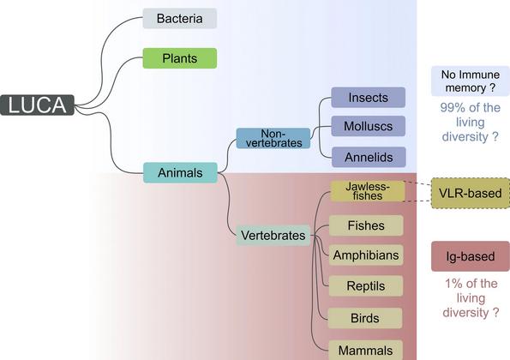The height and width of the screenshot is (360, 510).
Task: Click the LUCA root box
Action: (38, 105)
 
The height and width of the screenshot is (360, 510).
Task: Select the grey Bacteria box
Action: (180, 19)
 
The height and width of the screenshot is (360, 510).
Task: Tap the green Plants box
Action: (180, 58)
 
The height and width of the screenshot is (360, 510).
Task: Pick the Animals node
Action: (180, 172)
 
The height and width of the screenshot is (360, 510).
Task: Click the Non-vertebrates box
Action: (273, 138)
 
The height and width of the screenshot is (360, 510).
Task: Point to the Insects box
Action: (369, 97)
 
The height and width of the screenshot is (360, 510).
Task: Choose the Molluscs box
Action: (369, 126)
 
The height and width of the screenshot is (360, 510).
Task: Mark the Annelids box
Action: (369, 157)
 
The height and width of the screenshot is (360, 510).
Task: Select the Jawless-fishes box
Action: (368, 191)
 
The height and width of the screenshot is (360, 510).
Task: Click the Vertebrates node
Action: (273, 235)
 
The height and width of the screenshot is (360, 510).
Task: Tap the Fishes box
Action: (366, 225)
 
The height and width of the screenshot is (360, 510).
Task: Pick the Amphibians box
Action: (366, 255)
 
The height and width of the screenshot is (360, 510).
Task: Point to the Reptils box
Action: (366, 285)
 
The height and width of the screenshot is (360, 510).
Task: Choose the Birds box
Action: (365, 318)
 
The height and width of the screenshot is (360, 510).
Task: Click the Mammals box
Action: (366, 350)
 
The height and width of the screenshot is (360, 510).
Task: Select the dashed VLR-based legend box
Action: (471, 193)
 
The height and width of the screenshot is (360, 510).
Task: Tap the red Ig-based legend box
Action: (471, 256)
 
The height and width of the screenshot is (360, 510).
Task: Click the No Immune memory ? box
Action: (471, 81)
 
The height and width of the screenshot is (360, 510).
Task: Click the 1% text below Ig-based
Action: (453, 284)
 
